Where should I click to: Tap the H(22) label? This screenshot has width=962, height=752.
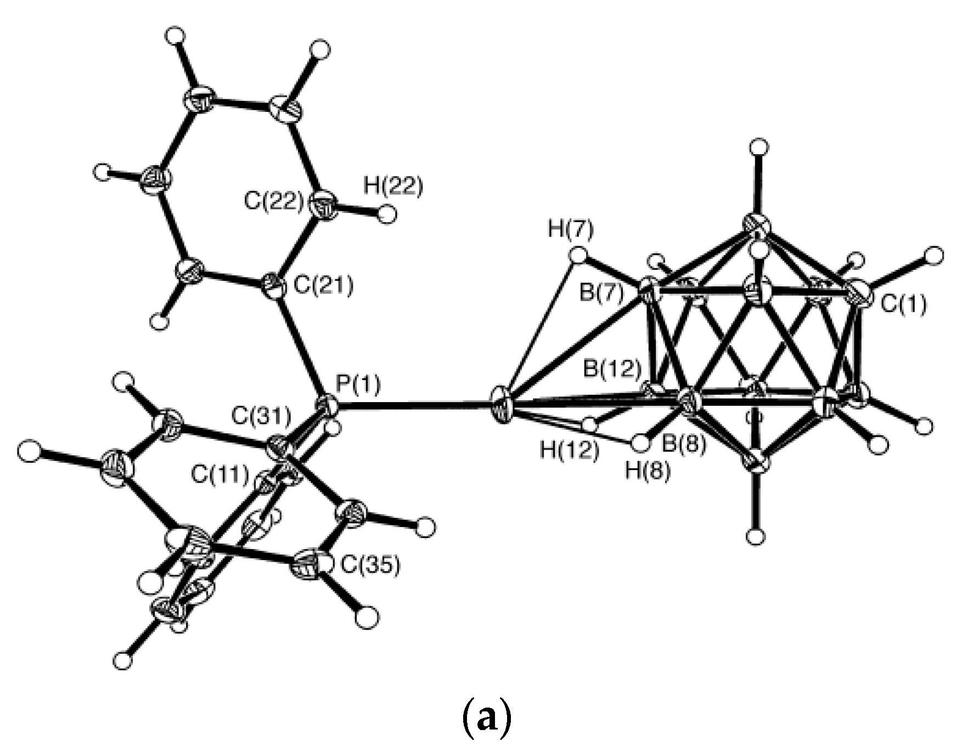393,186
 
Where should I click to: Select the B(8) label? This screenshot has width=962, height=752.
683,444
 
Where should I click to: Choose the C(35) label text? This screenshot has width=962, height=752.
370,566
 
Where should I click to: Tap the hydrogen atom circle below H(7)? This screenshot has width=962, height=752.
578,255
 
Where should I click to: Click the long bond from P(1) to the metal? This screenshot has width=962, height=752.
417,408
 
